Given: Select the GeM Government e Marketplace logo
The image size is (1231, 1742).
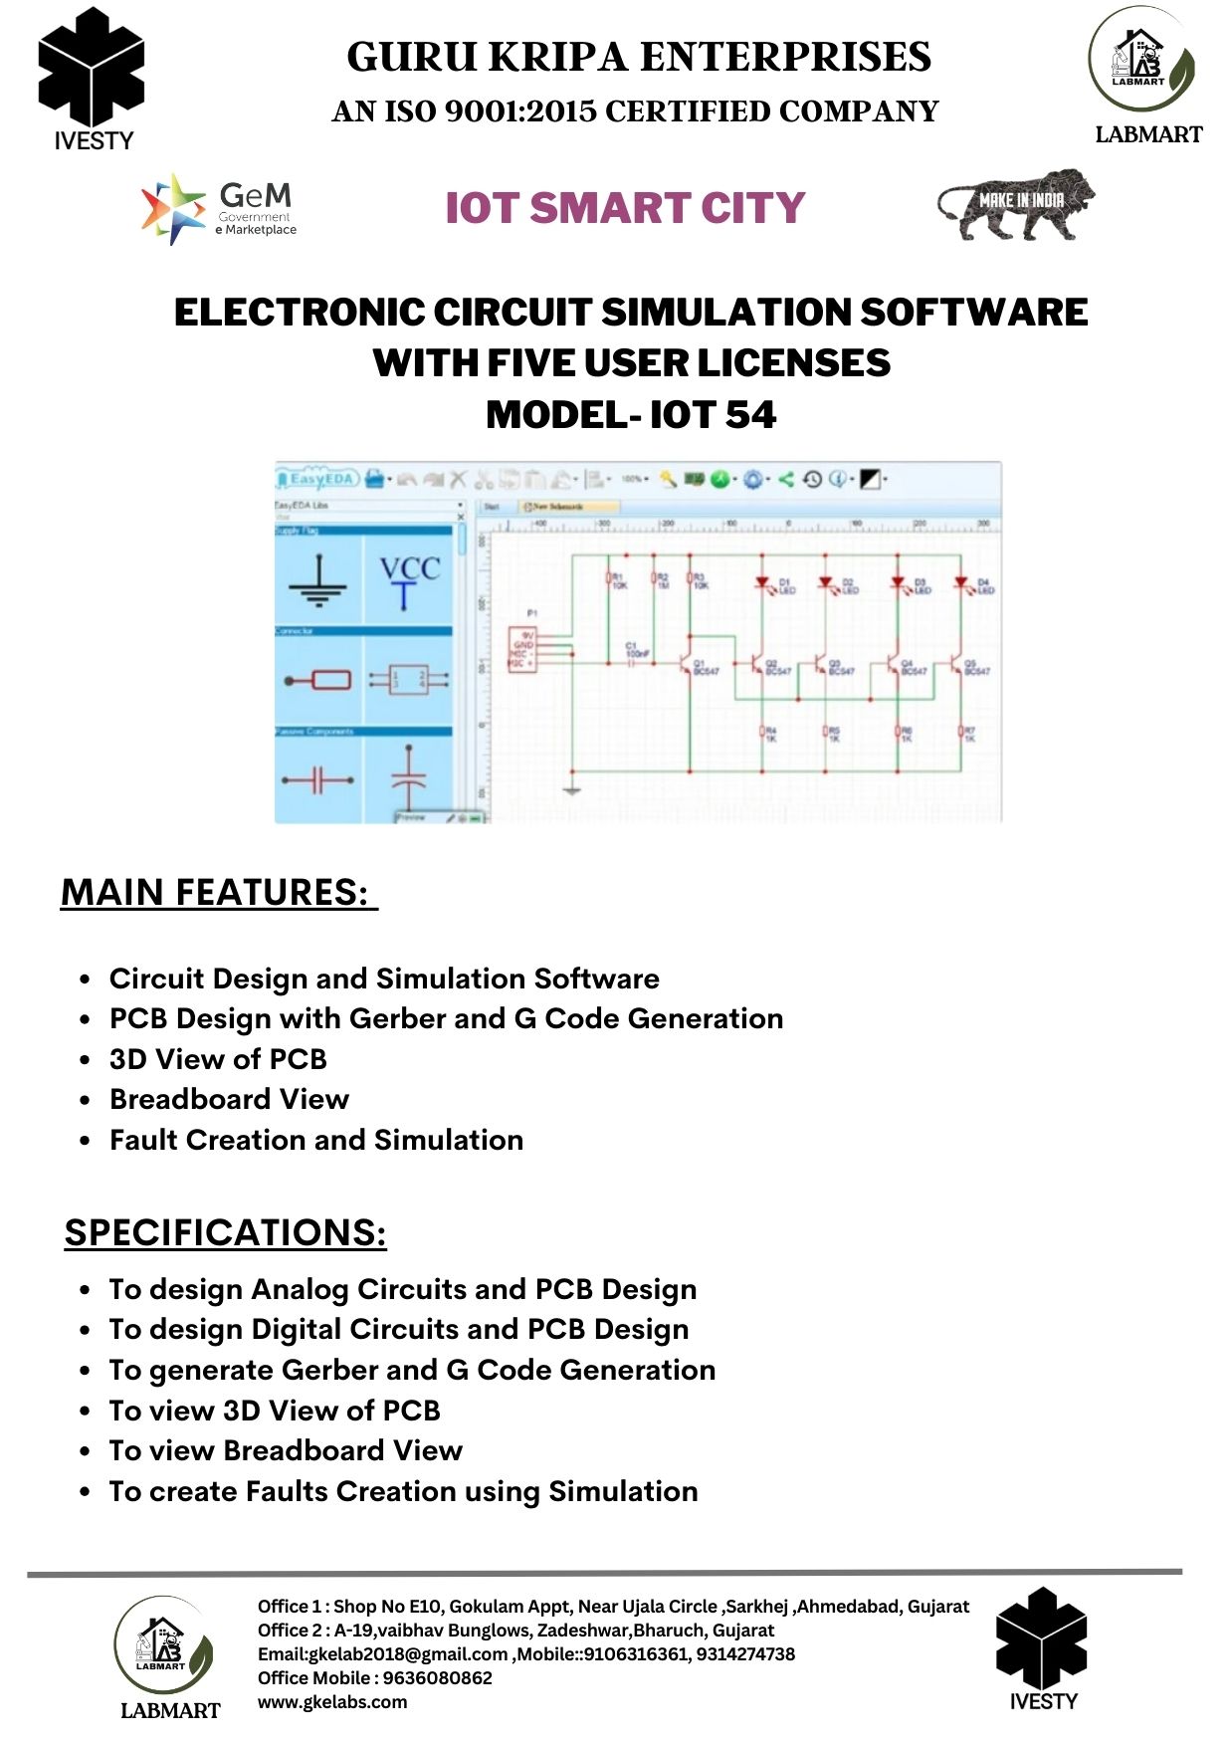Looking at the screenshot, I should coord(219,209).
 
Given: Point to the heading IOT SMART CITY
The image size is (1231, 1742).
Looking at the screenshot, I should coord(625,208).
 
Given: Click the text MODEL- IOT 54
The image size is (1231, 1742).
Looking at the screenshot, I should coord(630,415).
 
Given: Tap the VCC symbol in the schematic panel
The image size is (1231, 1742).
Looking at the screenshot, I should coord(408,581).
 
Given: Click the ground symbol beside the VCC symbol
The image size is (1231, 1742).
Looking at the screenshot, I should coord(318,583).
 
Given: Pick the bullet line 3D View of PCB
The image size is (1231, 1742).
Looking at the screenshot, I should coord(218,1059).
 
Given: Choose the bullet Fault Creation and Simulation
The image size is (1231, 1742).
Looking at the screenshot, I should coord(316,1140).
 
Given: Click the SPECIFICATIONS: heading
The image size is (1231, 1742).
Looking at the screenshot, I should coord(225,1232).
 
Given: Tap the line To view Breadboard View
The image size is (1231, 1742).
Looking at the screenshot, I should coord(286,1450).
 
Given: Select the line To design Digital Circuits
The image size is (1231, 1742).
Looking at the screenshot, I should coord(398,1330).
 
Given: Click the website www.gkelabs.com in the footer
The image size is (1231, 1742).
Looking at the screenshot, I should coord(332,1701).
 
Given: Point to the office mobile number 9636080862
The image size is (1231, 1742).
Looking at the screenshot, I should coord(437,1677).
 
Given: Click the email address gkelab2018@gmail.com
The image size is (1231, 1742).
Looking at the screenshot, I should coord(408,1653).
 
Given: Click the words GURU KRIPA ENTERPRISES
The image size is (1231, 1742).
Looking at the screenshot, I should coord(639,57).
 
